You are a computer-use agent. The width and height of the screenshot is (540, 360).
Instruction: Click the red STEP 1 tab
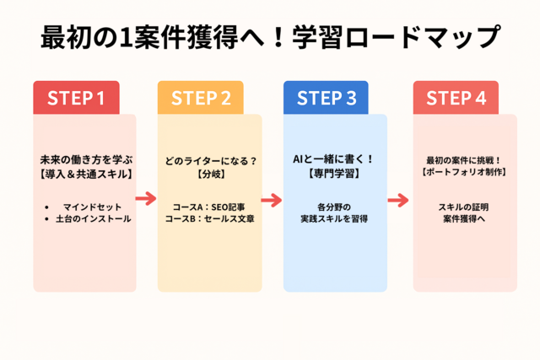(76, 98)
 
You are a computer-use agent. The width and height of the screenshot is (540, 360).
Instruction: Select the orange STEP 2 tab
(201, 98)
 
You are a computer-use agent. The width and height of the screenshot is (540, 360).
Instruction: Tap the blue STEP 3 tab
(326, 98)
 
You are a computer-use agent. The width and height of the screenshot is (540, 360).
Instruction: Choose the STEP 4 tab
(456, 98)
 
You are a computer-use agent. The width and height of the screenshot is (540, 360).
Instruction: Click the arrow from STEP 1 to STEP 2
(146, 198)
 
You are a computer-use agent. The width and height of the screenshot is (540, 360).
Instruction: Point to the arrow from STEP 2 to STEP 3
(272, 200)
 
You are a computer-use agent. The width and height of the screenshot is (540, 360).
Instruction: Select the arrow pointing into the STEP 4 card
(398, 200)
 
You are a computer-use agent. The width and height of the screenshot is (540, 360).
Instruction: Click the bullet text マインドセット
(92, 207)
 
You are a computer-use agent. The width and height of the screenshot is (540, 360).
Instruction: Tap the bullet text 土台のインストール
(94, 219)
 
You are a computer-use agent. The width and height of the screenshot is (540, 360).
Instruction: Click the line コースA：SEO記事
(209, 207)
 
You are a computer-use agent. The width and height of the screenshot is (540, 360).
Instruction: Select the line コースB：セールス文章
(209, 219)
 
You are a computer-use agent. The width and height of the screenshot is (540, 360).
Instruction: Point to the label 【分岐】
(211, 174)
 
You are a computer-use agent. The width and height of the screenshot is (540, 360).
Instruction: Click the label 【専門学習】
(334, 173)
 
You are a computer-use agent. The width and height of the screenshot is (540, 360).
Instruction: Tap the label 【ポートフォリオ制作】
(464, 172)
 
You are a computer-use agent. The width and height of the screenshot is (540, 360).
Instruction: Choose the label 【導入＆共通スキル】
(86, 175)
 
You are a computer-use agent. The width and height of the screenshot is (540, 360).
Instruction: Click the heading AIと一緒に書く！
(333, 159)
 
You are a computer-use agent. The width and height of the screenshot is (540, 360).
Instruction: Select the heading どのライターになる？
(211, 161)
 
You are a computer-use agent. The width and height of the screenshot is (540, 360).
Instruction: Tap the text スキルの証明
(463, 207)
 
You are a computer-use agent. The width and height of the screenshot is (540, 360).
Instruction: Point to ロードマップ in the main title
(422, 37)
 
